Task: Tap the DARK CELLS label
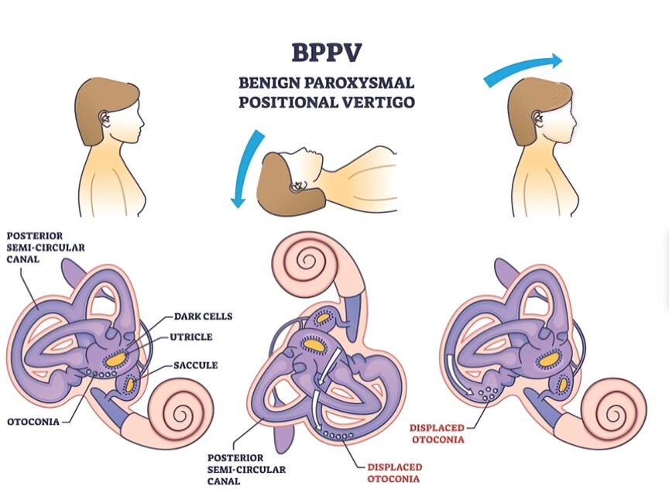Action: pos(204,317)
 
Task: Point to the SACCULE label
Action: pos(195,364)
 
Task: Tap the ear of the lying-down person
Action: pos(296,186)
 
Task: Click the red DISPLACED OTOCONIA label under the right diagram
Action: pos(437,433)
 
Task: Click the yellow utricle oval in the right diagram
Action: pos(548,359)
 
